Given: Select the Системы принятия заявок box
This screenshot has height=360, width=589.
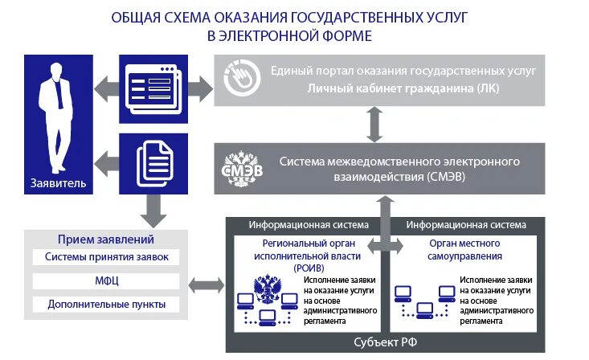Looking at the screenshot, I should tap(106, 257).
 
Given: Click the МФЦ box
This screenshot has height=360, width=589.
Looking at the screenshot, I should tap(106, 281).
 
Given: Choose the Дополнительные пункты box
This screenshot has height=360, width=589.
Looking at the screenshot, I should tap(106, 305).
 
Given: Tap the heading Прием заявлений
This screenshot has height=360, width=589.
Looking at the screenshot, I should tap(106, 239).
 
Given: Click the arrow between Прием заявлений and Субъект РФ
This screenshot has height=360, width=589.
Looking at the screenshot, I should tap(207, 284).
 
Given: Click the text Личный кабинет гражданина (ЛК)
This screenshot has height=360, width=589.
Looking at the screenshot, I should tap(403, 88).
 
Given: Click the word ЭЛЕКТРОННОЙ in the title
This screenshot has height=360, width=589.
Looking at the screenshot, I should tap(271, 36).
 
